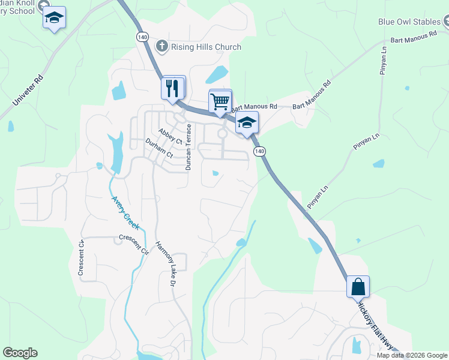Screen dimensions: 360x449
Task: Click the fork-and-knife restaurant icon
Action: pos(173,88)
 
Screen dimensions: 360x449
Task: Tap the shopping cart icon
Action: pos(220,101)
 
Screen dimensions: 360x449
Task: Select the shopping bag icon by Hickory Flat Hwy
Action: pos(358,287)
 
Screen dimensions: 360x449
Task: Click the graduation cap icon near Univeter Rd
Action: pos(54,18)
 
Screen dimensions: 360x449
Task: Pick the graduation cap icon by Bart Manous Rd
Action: pos(246,122)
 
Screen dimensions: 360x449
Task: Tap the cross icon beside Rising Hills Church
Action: pos(162,46)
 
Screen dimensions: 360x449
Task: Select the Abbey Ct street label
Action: pos(170,136)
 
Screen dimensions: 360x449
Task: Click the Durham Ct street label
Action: pos(159,148)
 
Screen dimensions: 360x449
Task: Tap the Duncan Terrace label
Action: pos(188,147)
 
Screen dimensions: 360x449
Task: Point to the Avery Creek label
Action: pos(125,213)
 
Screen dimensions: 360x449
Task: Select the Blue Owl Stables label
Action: pos(409,22)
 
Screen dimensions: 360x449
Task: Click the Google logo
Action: pos(20,353)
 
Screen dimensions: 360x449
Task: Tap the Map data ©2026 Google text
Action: pos(412,355)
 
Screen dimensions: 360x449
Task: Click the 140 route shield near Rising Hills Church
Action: pos(142,37)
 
